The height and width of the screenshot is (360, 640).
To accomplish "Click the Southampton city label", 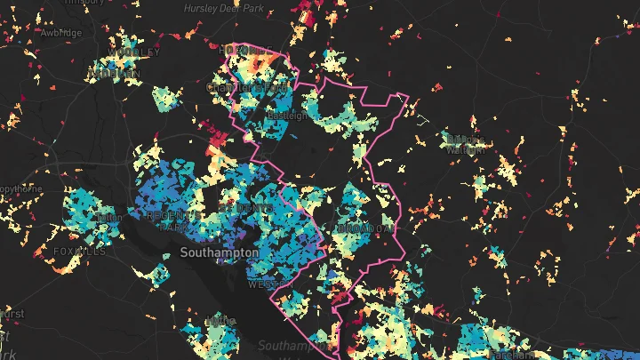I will click(x=219, y=252).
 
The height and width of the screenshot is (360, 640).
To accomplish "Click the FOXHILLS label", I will click(x=79, y=252).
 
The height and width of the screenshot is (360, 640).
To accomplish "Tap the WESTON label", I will click(x=266, y=285).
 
